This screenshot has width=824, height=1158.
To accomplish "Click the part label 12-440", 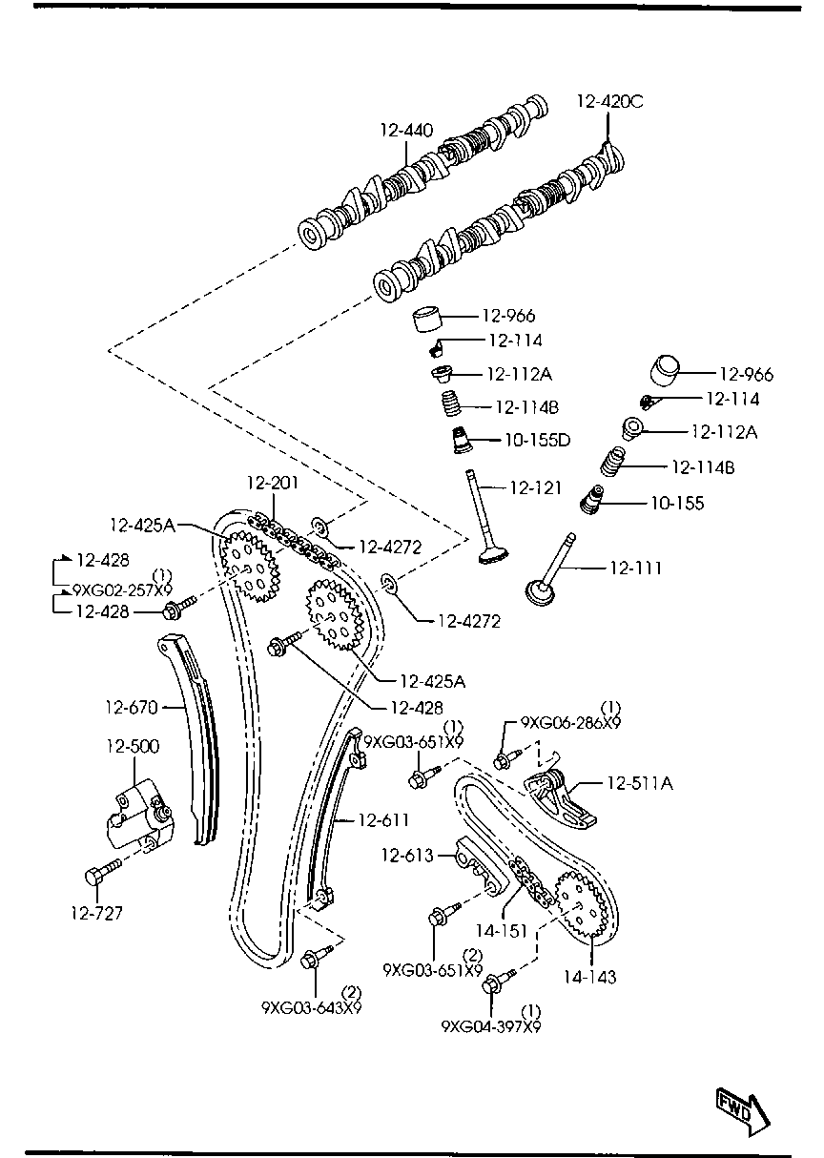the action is (x=406, y=131).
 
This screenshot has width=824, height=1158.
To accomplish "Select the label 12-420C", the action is (x=610, y=102).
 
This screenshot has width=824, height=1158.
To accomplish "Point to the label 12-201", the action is (x=273, y=483).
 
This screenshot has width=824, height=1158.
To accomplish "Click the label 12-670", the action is (x=132, y=707).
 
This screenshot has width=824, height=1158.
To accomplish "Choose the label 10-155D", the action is (x=538, y=440).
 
